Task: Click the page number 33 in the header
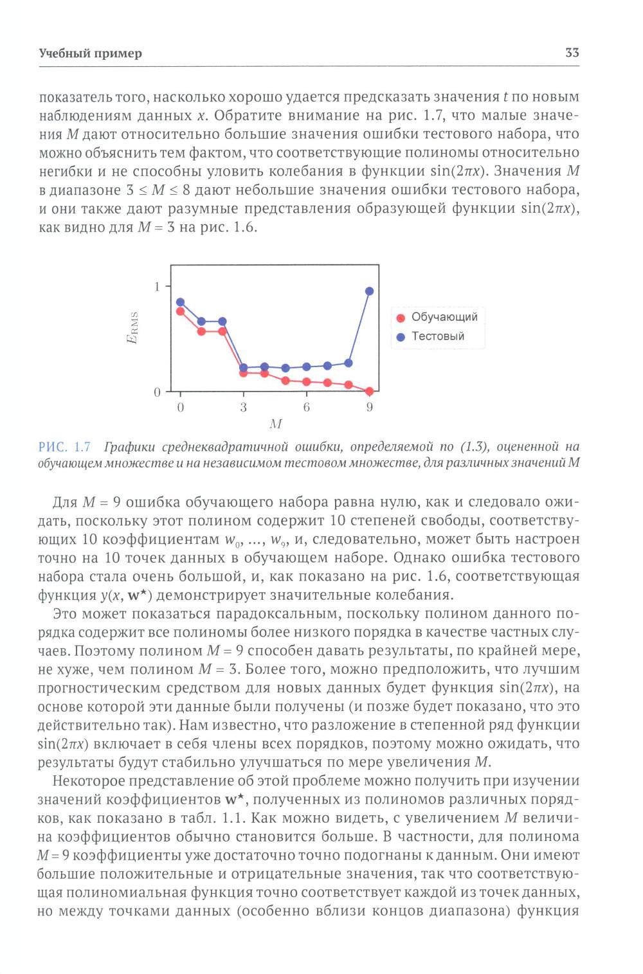(x=572, y=53)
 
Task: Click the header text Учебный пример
(x=90, y=53)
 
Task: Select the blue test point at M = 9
(x=370, y=291)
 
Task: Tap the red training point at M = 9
(x=370, y=391)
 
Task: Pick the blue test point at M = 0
(x=181, y=302)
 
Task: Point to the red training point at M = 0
(x=181, y=311)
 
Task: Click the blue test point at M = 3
(x=244, y=368)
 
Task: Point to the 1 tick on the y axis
(x=157, y=287)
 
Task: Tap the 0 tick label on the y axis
(x=157, y=392)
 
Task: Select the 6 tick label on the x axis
(x=307, y=408)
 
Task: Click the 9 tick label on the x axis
(x=370, y=408)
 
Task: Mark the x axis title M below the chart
(x=276, y=424)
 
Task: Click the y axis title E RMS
(x=133, y=328)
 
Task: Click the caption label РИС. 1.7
(x=64, y=447)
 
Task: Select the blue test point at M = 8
(x=349, y=363)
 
